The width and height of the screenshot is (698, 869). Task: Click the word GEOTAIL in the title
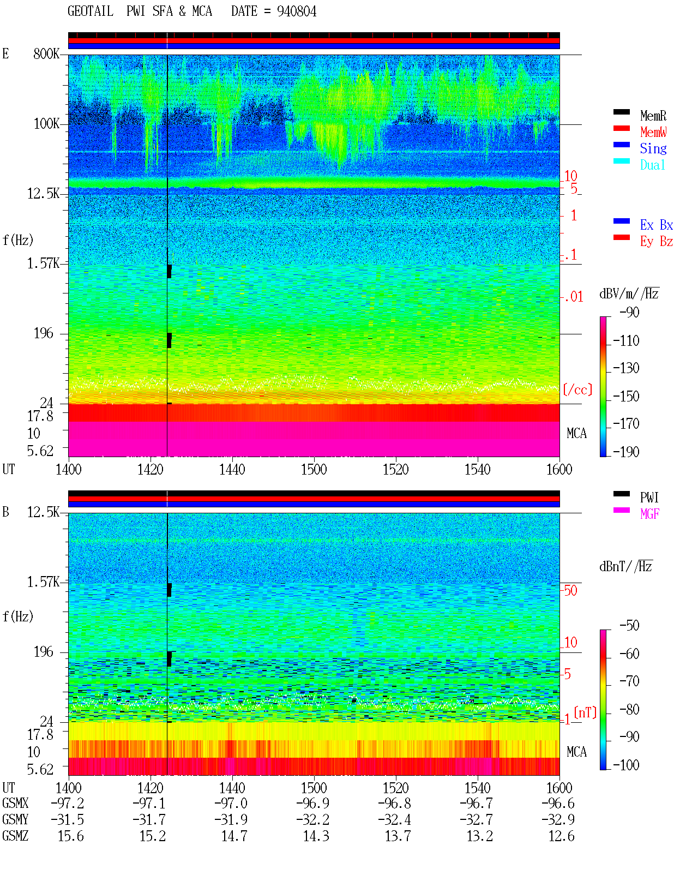pos(91,11)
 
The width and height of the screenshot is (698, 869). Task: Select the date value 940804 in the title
pos(296,11)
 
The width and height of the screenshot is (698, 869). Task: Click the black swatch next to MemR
pos(621,112)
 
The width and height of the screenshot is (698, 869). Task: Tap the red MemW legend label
pos(653,132)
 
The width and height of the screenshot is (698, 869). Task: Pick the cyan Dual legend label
pos(653,165)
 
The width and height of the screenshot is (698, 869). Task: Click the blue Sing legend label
pos(653,148)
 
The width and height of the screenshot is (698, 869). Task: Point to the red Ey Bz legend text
pos(657,242)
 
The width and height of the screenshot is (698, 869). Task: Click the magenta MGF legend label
pos(650,514)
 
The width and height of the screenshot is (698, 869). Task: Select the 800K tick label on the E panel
pos(46,53)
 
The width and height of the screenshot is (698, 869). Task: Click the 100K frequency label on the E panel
pos(46,124)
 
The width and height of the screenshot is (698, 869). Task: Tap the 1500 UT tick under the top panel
pos(314,470)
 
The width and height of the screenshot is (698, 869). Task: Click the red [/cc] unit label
pos(577,389)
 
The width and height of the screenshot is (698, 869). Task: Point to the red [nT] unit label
pos(585,712)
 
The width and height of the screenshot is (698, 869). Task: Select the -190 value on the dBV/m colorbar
pos(626,452)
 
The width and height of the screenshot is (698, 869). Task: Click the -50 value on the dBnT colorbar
pos(629,626)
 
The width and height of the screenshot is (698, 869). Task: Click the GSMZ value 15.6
pos(71,836)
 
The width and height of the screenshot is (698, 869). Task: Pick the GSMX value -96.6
pos(558,804)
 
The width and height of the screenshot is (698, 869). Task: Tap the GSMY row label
pos(15,820)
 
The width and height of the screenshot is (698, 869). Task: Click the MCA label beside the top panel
pos(576,434)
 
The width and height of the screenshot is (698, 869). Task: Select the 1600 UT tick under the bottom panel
pos(559,788)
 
